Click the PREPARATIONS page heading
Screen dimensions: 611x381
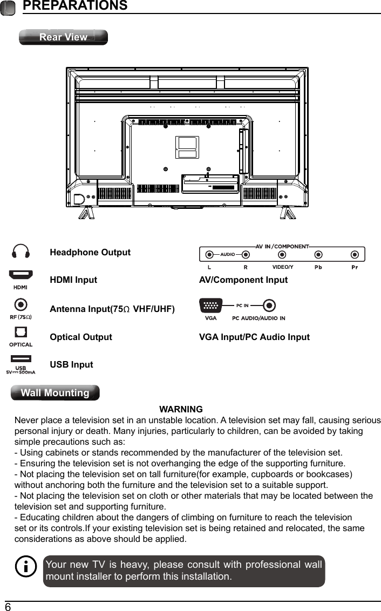pyautogui.click(x=75, y=6)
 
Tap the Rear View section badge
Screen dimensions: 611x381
pyautogui.click(x=63, y=37)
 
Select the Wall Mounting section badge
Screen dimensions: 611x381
pyautogui.click(x=55, y=393)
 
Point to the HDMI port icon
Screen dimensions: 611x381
pyautogui.click(x=21, y=275)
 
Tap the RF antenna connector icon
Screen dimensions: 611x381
pyautogui.click(x=21, y=305)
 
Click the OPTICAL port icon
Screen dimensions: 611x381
pyautogui.click(x=21, y=332)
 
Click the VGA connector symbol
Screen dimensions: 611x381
pyautogui.click(x=210, y=305)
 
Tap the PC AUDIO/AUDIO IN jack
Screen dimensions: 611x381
pyautogui.click(x=270, y=305)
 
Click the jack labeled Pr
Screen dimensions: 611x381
pyautogui.click(x=355, y=254)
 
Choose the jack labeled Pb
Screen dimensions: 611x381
pyautogui.click(x=318, y=254)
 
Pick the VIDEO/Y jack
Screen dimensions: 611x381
pyautogui.click(x=282, y=254)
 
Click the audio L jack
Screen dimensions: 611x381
pyautogui.click(x=209, y=254)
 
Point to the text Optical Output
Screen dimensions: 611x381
pyautogui.click(x=81, y=337)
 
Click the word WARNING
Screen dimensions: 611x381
pyautogui.click(x=181, y=409)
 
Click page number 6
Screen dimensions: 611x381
pyautogui.click(x=8, y=607)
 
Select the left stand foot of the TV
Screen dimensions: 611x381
pyautogui.click(x=87, y=213)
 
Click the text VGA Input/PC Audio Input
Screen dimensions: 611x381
pyautogui.click(x=254, y=337)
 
